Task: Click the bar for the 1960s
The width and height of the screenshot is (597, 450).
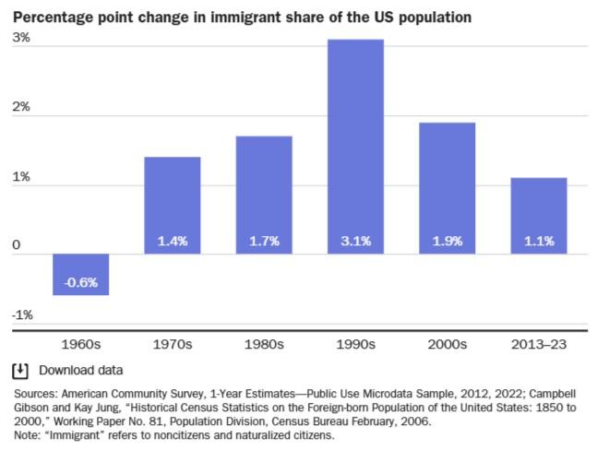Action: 81,274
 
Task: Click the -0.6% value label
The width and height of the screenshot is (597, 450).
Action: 81,281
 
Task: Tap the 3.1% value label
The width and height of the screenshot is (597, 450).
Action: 355,242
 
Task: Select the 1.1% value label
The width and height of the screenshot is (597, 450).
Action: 539,242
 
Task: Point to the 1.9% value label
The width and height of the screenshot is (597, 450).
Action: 448,242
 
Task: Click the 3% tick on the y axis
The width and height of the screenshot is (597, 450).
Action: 20,38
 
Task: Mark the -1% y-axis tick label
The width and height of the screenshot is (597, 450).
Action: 22,314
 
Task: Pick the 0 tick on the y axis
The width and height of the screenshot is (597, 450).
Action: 16,245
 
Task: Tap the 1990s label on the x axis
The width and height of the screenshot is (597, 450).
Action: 355,345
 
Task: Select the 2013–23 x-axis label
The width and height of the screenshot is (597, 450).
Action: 539,345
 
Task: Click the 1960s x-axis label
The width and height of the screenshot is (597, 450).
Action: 81,345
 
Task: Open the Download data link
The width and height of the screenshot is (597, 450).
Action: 80,371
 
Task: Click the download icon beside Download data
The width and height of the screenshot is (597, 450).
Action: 19,371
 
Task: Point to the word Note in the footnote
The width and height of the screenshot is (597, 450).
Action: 25,435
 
